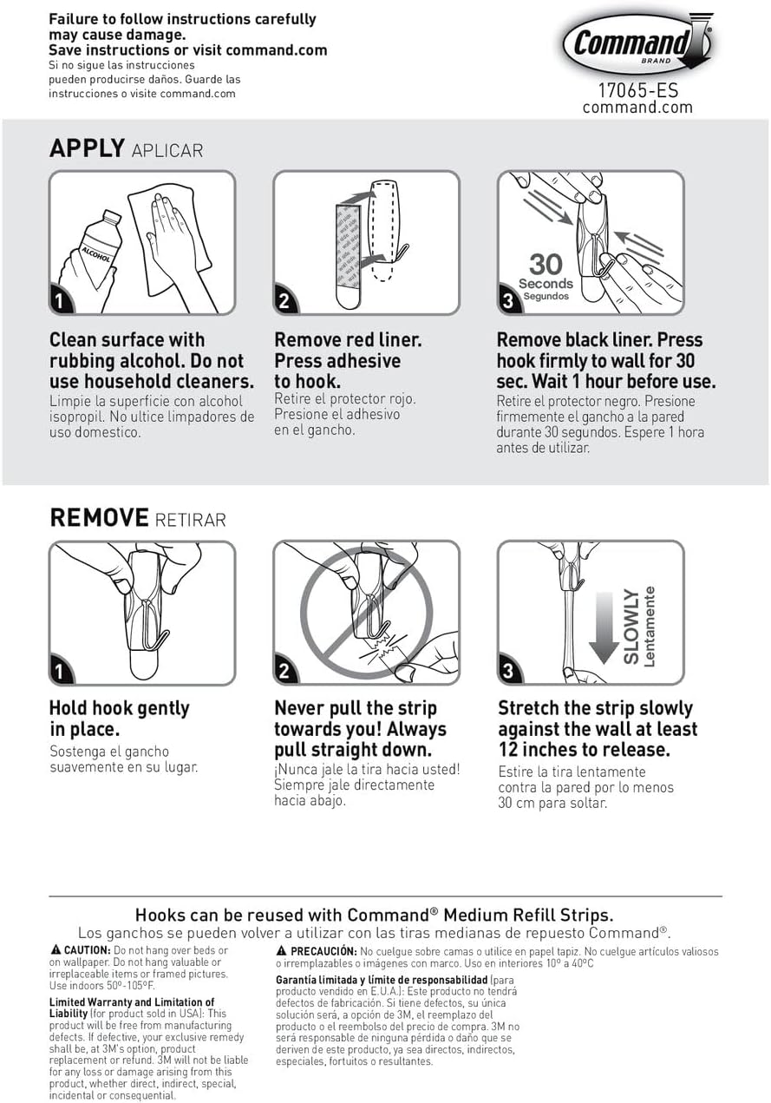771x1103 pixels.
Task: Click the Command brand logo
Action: (x=637, y=43)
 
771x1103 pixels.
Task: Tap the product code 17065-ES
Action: (x=637, y=90)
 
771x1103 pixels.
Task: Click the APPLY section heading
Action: (x=87, y=148)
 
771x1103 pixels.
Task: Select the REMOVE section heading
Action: (x=99, y=517)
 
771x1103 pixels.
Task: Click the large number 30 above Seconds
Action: (x=546, y=264)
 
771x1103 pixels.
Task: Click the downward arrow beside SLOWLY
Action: (x=604, y=627)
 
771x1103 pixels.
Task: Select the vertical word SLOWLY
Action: (x=631, y=627)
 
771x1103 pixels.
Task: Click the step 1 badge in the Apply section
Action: (x=60, y=300)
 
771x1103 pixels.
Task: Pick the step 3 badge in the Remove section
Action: (x=509, y=670)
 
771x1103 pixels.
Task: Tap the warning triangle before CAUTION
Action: (x=56, y=949)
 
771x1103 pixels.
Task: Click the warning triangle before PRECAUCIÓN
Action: (x=282, y=950)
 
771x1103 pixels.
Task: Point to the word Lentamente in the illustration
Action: (x=650, y=627)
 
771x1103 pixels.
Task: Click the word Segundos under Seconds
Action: (x=546, y=296)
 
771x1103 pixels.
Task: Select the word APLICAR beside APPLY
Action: (x=167, y=151)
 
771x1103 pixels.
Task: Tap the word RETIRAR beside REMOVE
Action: (x=190, y=520)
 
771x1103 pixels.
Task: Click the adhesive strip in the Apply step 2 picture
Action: (x=349, y=256)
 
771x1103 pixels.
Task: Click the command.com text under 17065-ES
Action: (x=637, y=108)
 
